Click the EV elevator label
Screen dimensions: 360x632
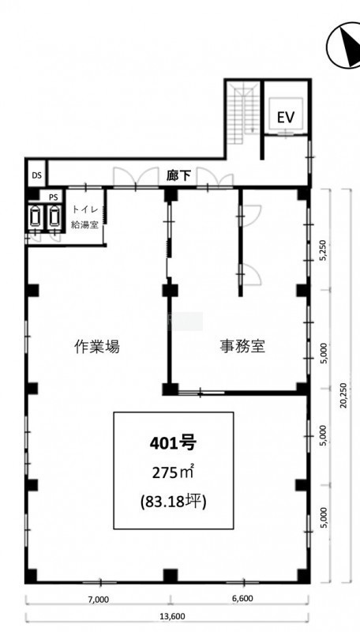[286, 117]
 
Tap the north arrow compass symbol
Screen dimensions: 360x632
[343, 47]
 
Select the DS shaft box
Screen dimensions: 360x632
[36, 175]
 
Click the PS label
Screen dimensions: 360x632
[54, 197]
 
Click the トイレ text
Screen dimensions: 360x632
[85, 209]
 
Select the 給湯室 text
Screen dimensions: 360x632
[85, 225]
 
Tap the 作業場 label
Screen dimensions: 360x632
[97, 346]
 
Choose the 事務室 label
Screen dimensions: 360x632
[242, 346]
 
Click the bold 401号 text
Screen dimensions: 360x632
[173, 443]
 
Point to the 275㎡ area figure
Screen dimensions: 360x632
[173, 472]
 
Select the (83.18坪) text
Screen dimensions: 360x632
[173, 502]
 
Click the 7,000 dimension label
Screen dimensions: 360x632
[99, 600]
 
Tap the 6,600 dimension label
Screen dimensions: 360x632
[243, 599]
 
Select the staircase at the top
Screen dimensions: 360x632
[242, 114]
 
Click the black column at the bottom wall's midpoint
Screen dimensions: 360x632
[171, 575]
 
